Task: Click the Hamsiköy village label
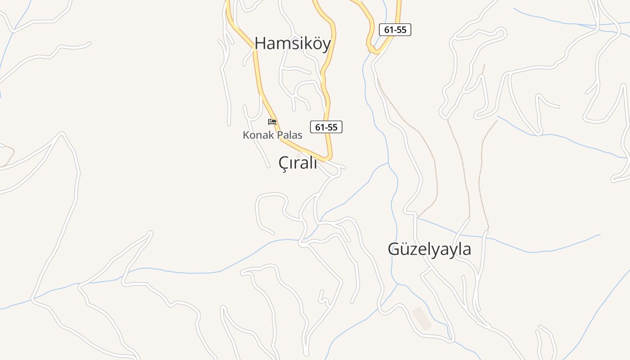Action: coord(292,43)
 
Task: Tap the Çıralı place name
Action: coord(298,163)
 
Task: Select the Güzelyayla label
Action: coord(429,249)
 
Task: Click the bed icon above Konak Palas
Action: coord(272,122)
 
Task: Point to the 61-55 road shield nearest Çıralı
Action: coord(326,127)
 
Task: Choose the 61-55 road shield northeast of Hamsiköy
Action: coord(395,30)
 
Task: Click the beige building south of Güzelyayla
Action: coord(422,318)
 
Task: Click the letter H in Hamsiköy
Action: coord(260,43)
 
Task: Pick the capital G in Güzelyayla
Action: coord(394,249)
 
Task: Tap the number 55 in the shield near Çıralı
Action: coord(332,127)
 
